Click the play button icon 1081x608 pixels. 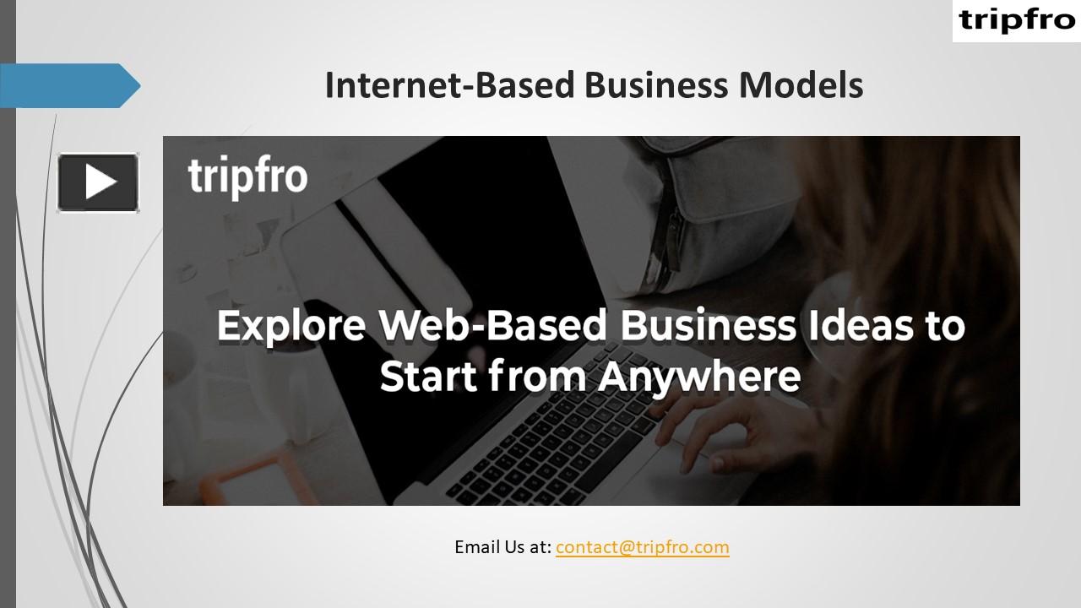[98, 182]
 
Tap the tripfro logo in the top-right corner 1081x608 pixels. [1016, 21]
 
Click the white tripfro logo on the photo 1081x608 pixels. [247, 177]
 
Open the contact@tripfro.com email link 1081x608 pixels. [642, 546]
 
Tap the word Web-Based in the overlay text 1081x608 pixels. [493, 327]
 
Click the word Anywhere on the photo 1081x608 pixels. [698, 377]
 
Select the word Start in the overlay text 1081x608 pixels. [427, 377]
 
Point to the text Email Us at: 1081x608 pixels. [502, 546]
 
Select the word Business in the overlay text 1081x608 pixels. [708, 327]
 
